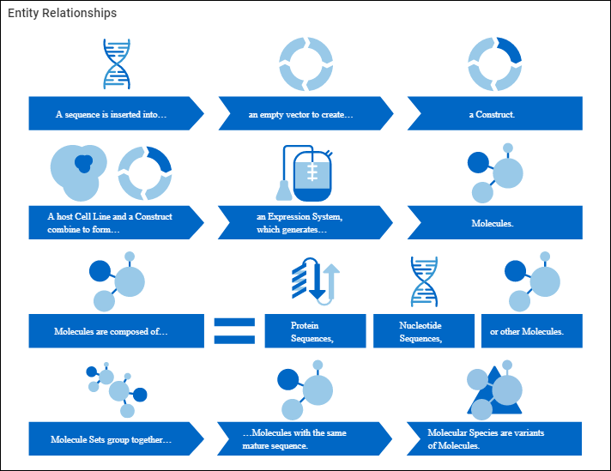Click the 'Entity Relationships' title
coord(63,14)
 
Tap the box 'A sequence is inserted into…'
coord(112,114)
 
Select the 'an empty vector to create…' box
coord(301,114)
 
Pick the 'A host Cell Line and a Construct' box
coord(112,222)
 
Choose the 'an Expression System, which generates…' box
coord(301,222)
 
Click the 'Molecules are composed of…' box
coord(112,330)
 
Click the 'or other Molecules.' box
coord(532,331)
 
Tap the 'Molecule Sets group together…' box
coord(112,439)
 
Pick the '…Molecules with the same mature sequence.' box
coord(301,439)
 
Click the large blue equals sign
coord(234,331)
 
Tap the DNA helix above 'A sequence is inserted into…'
coord(117,64)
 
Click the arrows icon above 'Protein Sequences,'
coord(316,280)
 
